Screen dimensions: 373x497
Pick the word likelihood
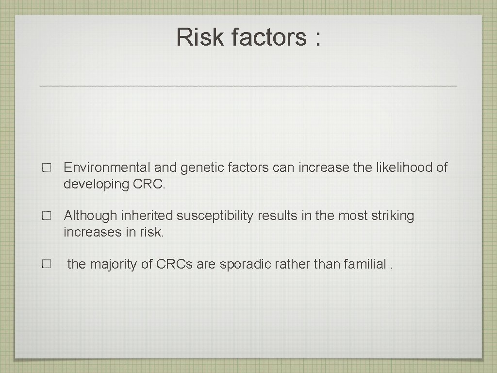click(x=405, y=168)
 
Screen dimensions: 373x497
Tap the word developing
click(x=96, y=185)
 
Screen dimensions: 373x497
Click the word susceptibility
click(x=215, y=216)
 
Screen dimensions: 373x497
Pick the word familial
click(x=365, y=264)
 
